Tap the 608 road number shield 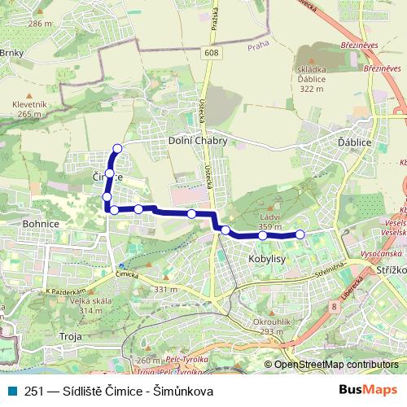212,53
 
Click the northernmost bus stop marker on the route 117,148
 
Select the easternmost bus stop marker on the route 300,234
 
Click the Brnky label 11,54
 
